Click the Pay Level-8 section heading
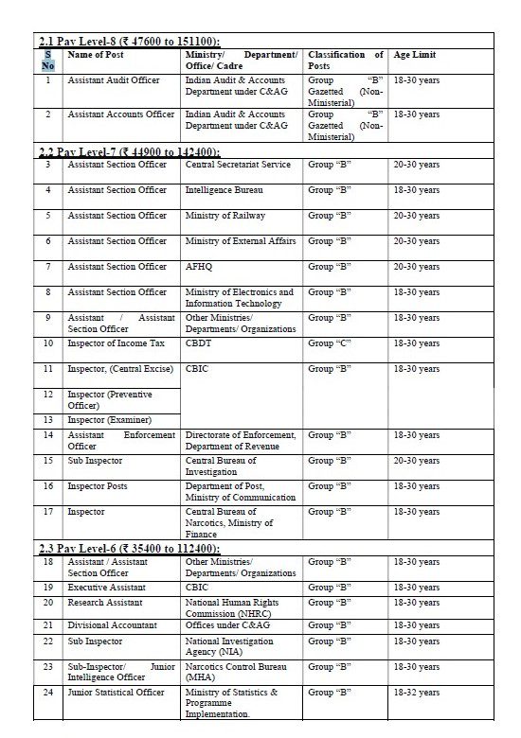(130, 42)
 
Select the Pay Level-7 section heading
(130, 151)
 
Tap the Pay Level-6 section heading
(130, 549)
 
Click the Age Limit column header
(416, 56)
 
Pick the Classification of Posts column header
(346, 61)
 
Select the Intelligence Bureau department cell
(225, 190)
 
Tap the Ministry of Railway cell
(225, 216)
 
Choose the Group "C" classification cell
(330, 343)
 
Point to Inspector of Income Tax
(117, 343)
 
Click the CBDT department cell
(198, 343)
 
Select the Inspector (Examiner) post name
(109, 419)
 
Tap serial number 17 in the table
(48, 512)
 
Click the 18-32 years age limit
(416, 693)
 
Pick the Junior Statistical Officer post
(116, 693)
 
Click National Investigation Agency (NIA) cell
(229, 646)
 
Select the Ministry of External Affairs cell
(241, 241)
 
